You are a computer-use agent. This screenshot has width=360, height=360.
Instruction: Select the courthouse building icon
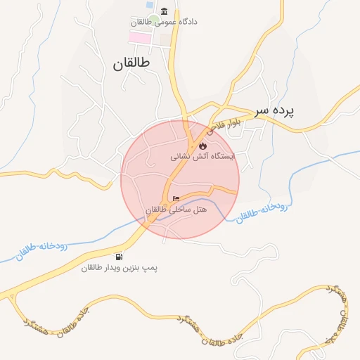point(164,11)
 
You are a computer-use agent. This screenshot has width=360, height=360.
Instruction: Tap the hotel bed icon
point(176,199)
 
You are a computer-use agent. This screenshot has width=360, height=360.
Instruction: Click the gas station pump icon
point(119,257)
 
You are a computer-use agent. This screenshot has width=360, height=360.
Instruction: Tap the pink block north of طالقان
point(139,37)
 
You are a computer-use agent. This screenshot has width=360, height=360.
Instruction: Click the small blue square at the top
point(150,5)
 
